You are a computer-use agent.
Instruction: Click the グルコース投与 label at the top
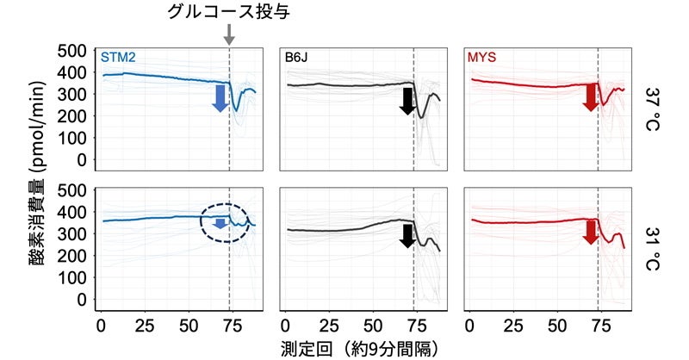click(x=228, y=12)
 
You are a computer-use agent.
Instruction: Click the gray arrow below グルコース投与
click(x=228, y=34)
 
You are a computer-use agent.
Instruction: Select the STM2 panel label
click(x=117, y=58)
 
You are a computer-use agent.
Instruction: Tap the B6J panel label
click(x=298, y=58)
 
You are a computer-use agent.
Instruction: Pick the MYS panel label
click(x=483, y=58)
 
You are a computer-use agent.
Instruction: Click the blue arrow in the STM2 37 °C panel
click(x=220, y=98)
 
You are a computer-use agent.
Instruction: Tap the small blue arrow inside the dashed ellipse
click(x=220, y=223)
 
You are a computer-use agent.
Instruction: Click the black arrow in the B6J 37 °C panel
click(x=407, y=100)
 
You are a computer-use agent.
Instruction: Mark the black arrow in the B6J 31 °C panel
click(x=407, y=233)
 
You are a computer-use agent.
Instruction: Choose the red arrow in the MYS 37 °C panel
click(x=590, y=96)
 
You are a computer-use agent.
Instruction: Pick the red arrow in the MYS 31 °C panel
click(x=590, y=231)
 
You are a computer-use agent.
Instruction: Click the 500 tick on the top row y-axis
click(x=71, y=51)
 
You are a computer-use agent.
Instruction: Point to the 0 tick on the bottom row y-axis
click(x=83, y=300)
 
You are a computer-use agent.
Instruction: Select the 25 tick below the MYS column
click(x=513, y=327)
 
